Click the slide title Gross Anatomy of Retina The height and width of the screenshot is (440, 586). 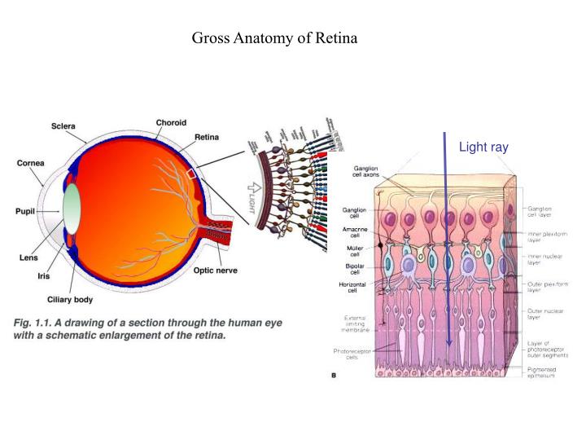point(273,37)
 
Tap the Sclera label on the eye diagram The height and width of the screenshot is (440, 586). point(64,126)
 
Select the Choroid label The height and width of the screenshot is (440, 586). point(171,122)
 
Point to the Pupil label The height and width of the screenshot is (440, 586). point(27,210)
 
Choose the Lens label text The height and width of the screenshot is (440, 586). point(30,257)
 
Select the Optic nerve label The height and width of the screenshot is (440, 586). point(215,270)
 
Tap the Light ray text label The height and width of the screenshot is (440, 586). point(483,147)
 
